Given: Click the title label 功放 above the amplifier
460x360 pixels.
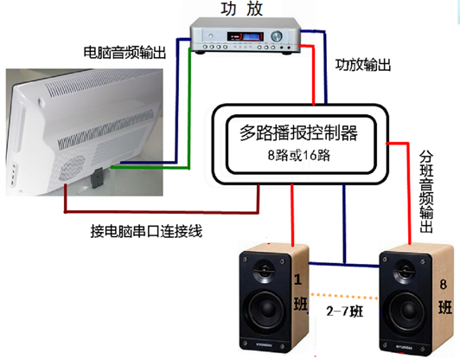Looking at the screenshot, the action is (x=241, y=9).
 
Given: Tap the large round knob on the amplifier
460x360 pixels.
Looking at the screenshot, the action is (x=277, y=36).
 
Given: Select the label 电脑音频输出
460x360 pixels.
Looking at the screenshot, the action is (x=125, y=53).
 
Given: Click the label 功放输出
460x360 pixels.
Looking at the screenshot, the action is (x=363, y=65).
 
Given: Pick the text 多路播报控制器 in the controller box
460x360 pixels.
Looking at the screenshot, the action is (x=298, y=133).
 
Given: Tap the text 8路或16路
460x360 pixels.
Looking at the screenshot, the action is (x=299, y=155).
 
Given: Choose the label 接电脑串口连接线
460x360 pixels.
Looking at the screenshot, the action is (x=146, y=231).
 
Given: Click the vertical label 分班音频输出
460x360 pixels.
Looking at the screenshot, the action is (x=426, y=192).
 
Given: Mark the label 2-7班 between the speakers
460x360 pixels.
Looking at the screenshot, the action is (x=345, y=312).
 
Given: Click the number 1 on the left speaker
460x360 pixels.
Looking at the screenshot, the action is (x=298, y=280).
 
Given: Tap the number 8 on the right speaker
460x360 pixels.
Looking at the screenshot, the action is (x=444, y=284).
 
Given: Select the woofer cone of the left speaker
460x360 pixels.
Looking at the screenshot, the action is (x=266, y=309).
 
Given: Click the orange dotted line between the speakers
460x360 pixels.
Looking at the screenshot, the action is (x=344, y=296).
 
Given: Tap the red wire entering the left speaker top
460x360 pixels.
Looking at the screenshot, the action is (x=292, y=215).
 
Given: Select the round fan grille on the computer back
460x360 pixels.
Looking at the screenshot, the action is (x=72, y=168).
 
